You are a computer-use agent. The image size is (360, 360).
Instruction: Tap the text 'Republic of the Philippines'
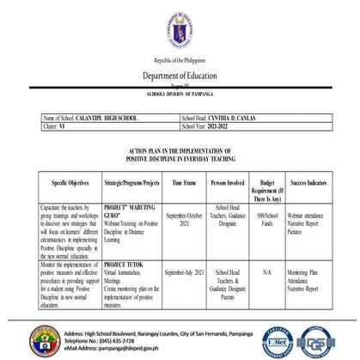coord(180,60)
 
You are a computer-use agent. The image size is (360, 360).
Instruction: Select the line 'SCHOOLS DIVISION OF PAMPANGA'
coord(180,95)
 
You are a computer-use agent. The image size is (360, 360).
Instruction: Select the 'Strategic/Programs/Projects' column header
coord(131,183)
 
